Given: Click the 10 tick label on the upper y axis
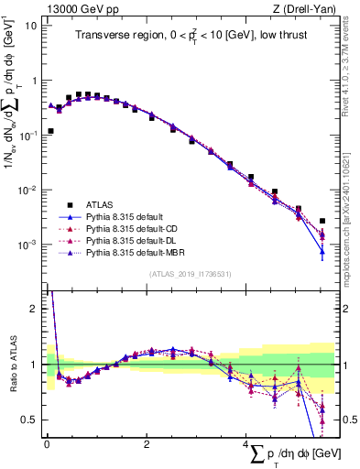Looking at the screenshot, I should point(31,25).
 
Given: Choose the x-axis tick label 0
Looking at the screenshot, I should point(48,444).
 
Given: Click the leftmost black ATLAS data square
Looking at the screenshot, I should point(50,131).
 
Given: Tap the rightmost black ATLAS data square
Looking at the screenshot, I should point(322,221).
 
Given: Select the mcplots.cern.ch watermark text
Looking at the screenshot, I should point(352,220).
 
